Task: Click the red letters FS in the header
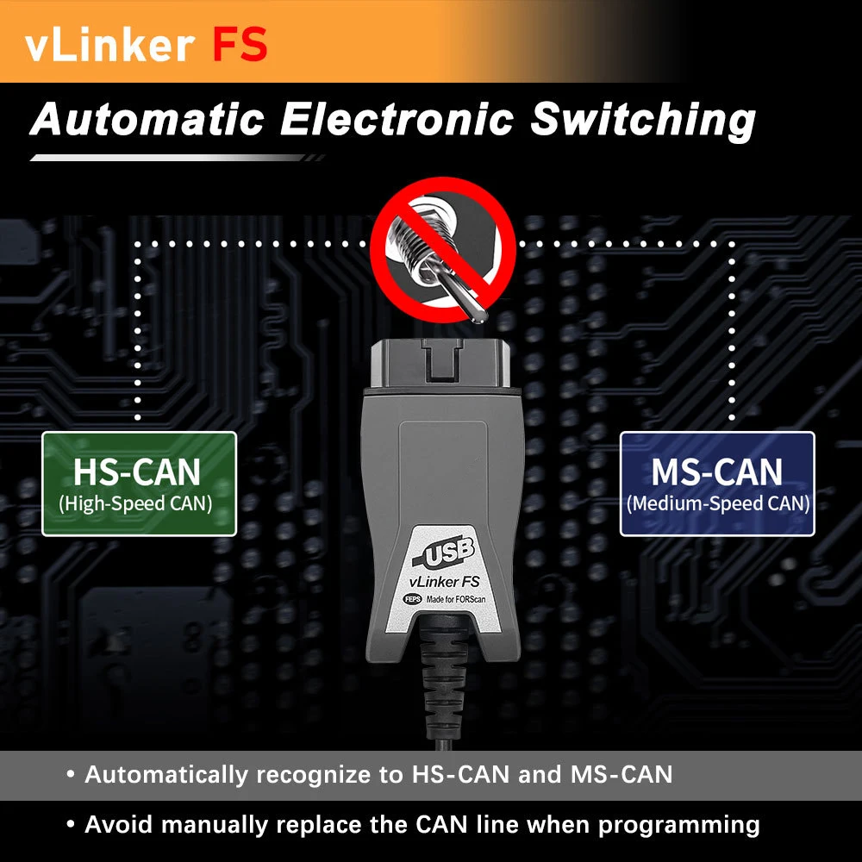pyautogui.click(x=240, y=44)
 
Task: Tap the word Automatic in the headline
pyautogui.click(x=147, y=121)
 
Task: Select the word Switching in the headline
pyautogui.click(x=643, y=121)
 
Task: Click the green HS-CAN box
pyautogui.click(x=139, y=484)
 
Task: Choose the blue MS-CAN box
pyautogui.click(x=717, y=484)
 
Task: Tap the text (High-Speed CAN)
pyautogui.click(x=136, y=503)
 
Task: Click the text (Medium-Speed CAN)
pyautogui.click(x=718, y=503)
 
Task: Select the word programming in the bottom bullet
pyautogui.click(x=679, y=824)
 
